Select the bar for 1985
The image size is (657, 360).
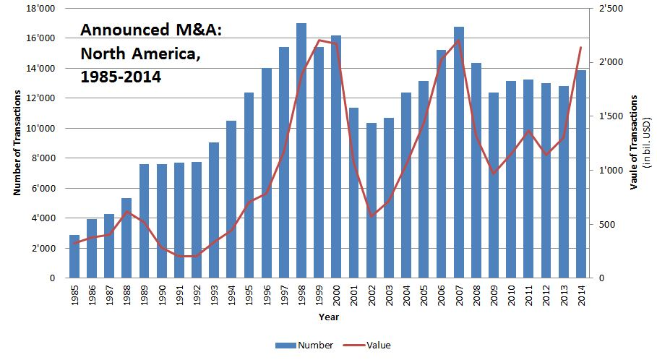coord(74,257)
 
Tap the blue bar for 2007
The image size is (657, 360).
coord(458,152)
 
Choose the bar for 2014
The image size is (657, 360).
coord(580,173)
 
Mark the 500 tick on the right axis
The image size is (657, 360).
coord(606,224)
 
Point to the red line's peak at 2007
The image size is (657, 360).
coord(458,40)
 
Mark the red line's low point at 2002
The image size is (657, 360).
coord(372,216)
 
